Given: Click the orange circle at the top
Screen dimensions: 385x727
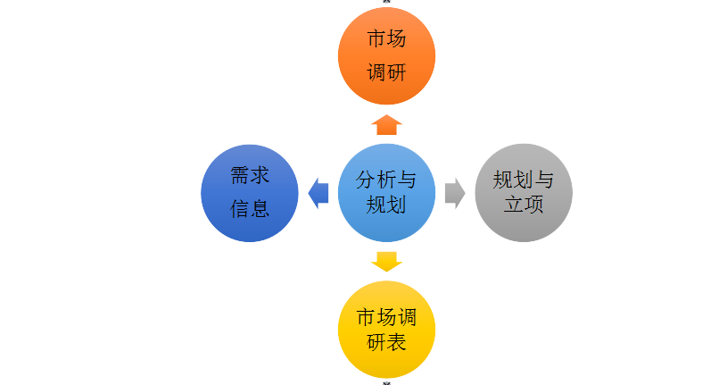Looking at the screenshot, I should tap(386, 56).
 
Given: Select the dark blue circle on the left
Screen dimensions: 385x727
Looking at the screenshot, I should tap(250, 192).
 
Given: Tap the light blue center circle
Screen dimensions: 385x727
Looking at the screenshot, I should tap(386, 192).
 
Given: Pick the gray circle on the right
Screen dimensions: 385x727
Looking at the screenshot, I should tap(524, 192).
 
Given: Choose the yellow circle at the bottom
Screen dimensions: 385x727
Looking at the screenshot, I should tap(386, 329).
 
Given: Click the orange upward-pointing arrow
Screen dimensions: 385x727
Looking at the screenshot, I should tap(386, 124).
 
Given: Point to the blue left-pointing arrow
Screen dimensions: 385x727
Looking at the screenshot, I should tap(318, 192).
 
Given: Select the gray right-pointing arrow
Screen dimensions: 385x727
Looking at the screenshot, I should tap(455, 192).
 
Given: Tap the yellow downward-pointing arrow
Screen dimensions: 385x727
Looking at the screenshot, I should tap(386, 261).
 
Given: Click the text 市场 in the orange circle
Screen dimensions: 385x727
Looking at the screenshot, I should tap(386, 39).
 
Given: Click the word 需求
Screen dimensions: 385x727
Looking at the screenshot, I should tap(250, 175).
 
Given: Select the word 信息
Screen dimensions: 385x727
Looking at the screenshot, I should tap(250, 209).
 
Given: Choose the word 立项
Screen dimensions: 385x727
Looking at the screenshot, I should tap(524, 205).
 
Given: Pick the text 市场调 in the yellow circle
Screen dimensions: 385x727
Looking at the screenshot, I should tap(386, 317).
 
